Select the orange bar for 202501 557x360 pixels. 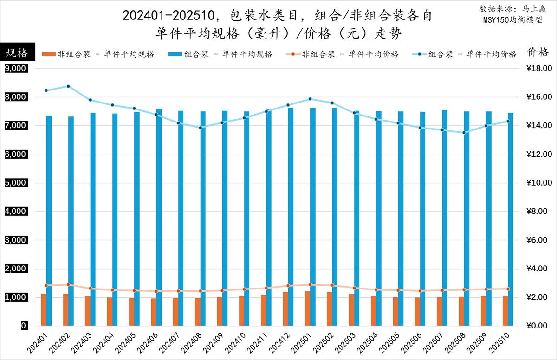[307, 309]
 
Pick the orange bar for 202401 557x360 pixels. [44, 309]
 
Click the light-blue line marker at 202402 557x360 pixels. [68, 86]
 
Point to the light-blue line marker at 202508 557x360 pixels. [464, 133]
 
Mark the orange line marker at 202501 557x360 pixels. [310, 284]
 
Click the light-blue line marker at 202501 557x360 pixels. [310, 99]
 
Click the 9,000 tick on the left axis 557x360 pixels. [16, 69]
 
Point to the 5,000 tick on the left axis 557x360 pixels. [16, 183]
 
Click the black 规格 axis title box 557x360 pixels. [17, 52]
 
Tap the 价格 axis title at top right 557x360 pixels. [538, 52]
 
